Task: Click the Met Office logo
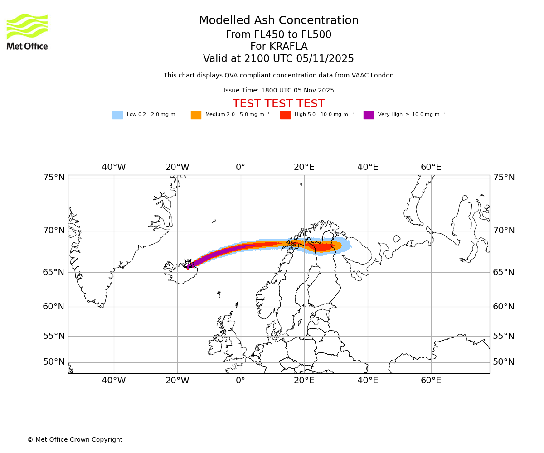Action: coord(27,32)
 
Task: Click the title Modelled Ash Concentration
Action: coord(279,21)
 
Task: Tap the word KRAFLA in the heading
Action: coord(279,47)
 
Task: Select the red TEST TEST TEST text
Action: coord(278,104)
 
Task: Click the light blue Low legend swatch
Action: coord(117,115)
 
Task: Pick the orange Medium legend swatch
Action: coord(196,115)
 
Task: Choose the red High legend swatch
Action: coord(285,115)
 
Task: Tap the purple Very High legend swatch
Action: coord(369,115)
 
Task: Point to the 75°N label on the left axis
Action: coord(54,178)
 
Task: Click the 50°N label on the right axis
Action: coord(504,362)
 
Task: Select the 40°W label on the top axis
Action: coord(114,167)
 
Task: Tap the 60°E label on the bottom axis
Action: coord(431,381)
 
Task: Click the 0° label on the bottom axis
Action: coord(240,381)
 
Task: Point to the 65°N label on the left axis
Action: coord(54,272)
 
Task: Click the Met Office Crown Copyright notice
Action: coord(75,439)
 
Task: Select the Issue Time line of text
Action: coord(278,91)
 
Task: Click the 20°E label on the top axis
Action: coord(304,167)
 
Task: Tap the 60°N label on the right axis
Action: coord(504,307)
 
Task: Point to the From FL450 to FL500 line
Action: coord(278,35)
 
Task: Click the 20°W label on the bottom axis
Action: coord(177,381)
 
